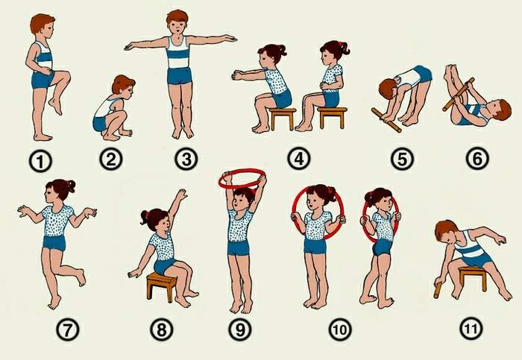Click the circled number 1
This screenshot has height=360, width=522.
point(40,162)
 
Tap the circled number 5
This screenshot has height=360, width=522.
point(402,159)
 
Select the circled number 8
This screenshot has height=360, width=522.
point(161,329)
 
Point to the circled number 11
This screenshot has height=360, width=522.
point(471,329)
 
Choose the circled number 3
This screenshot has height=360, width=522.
point(186,159)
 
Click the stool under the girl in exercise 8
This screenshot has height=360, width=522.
point(162,285)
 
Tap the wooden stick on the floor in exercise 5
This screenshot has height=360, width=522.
point(386,120)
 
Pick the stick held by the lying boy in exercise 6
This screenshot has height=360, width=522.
point(459,94)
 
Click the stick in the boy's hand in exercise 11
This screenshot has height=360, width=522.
point(438,290)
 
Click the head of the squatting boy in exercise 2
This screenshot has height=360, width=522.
point(123,84)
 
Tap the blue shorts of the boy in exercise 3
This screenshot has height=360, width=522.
point(179,75)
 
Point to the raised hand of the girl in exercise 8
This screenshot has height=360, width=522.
point(182,195)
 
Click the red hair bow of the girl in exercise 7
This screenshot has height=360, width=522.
point(69,183)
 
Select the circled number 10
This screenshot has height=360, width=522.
point(340,329)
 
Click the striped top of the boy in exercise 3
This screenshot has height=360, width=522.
point(177,52)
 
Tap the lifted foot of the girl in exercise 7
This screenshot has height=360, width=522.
point(81,277)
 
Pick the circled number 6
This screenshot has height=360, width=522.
point(477,158)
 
